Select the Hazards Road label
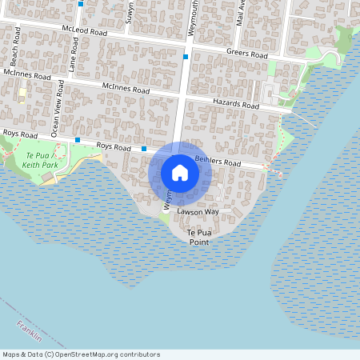236,104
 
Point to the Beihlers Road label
218,162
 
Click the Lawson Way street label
198,212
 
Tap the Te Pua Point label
198,236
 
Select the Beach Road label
14,54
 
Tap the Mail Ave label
240,12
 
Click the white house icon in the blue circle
179,173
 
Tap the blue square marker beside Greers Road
186,57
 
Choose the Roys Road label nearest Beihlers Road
113,147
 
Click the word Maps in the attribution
12,354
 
